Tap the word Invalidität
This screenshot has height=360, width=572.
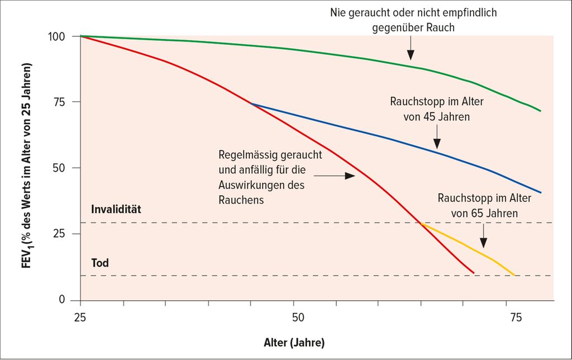coord(118,210)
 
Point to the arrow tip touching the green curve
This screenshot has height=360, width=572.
coord(411,58)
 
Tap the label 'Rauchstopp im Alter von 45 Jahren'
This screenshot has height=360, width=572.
coord(437,110)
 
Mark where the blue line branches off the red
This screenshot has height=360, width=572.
coord(251,103)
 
